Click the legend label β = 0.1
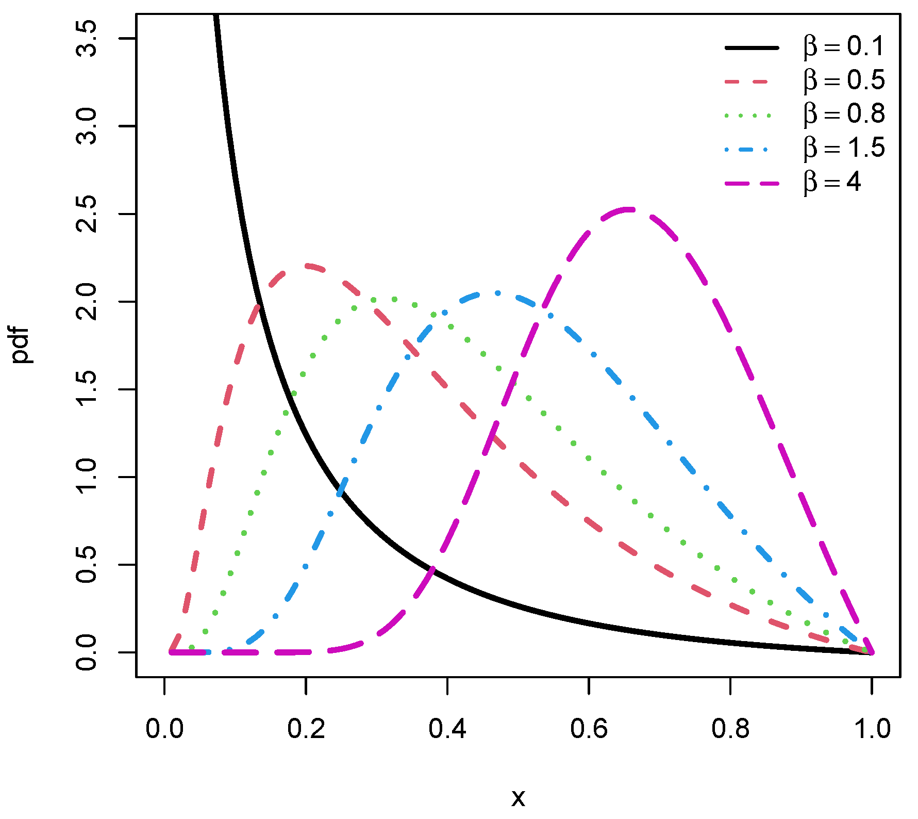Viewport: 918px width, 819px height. tap(844, 47)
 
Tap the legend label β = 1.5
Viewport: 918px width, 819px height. tap(844, 149)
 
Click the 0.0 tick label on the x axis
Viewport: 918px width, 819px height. tap(164, 729)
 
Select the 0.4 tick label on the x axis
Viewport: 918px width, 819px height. tap(447, 729)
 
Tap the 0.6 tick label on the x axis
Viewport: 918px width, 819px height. tap(589, 729)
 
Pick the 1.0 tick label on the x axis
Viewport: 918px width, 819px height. tap(872, 729)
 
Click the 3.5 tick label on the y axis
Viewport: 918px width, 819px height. tap(86, 39)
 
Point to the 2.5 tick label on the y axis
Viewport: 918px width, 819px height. tap(86, 214)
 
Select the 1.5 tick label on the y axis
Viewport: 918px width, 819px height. tap(86, 389)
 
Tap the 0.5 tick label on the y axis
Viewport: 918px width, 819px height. tap(86, 565)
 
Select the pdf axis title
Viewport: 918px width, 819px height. tap(22, 345)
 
